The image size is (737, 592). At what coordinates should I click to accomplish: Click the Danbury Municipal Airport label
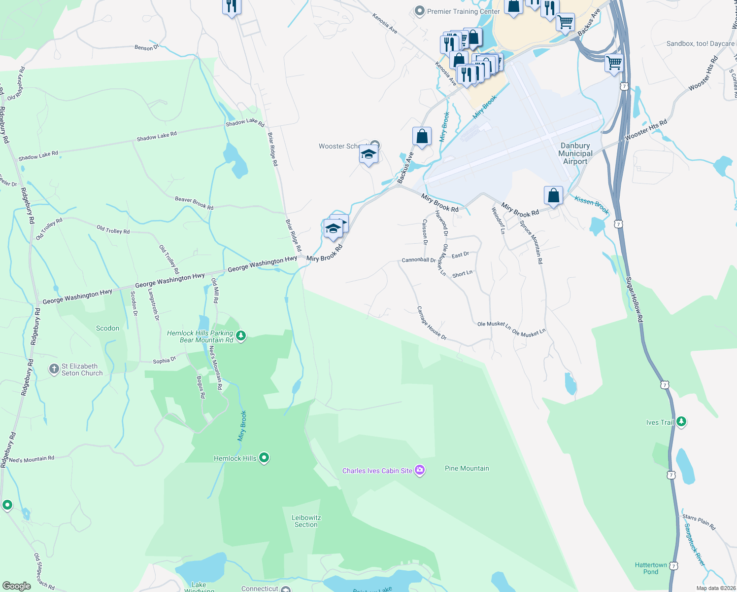[575, 153]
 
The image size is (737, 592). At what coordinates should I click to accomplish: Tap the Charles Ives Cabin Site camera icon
[420, 470]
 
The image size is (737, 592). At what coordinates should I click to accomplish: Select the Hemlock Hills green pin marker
[264, 458]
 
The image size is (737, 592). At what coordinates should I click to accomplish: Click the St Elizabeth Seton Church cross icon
[54, 370]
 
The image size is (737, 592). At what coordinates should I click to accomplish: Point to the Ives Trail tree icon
[681, 422]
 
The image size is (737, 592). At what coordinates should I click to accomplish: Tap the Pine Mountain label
[467, 468]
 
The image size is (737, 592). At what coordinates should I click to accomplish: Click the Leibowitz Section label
[306, 521]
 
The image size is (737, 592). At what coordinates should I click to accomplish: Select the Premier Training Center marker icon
[419, 11]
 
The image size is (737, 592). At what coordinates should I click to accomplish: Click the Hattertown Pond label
[651, 568]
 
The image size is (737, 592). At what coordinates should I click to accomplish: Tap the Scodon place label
[107, 328]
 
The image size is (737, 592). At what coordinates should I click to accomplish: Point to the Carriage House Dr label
[432, 324]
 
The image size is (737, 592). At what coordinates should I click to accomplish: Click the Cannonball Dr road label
[418, 260]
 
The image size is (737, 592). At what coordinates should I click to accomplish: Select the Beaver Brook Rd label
[194, 203]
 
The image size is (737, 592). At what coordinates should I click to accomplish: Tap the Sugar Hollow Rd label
[635, 300]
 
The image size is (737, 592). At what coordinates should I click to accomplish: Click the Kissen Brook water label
[592, 205]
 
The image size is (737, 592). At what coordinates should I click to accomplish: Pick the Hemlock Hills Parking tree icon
[241, 336]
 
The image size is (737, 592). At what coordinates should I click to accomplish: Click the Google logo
[17, 586]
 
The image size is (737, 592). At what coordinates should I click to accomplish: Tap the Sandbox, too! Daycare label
[700, 44]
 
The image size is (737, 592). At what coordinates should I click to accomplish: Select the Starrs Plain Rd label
[699, 522]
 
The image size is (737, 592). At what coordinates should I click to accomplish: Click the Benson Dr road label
[146, 47]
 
